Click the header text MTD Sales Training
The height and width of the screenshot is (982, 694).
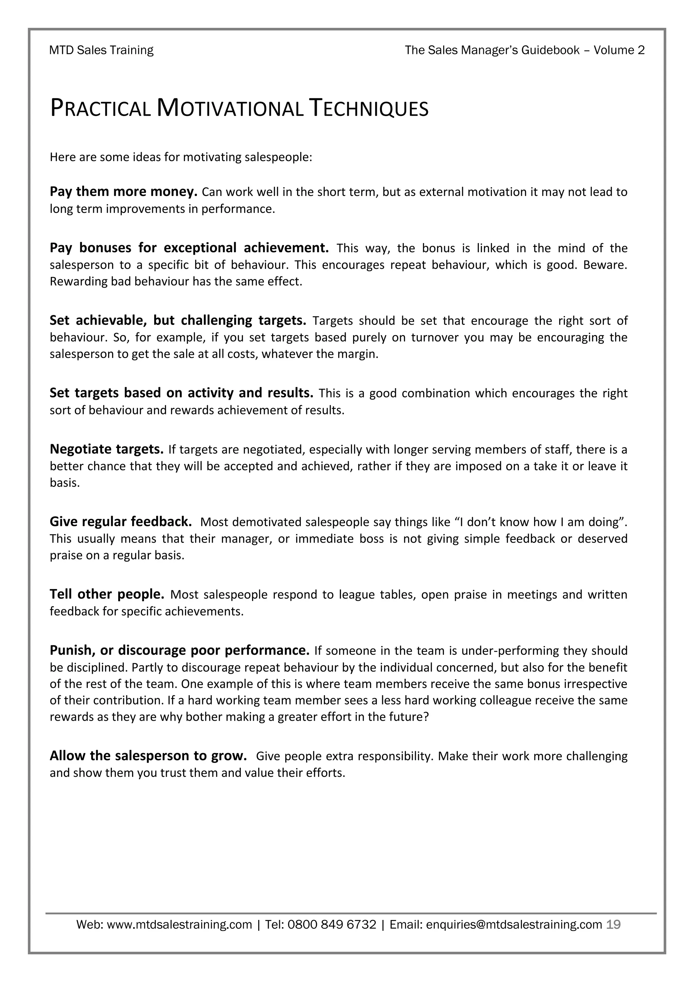click(x=101, y=51)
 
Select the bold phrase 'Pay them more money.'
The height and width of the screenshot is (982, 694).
click(x=123, y=192)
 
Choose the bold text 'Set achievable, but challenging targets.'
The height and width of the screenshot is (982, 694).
click(x=178, y=320)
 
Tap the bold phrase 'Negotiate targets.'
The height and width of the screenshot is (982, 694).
click(x=106, y=449)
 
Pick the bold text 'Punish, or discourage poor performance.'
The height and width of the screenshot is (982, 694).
click(x=180, y=650)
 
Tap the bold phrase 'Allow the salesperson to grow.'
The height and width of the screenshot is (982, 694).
click(x=148, y=756)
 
